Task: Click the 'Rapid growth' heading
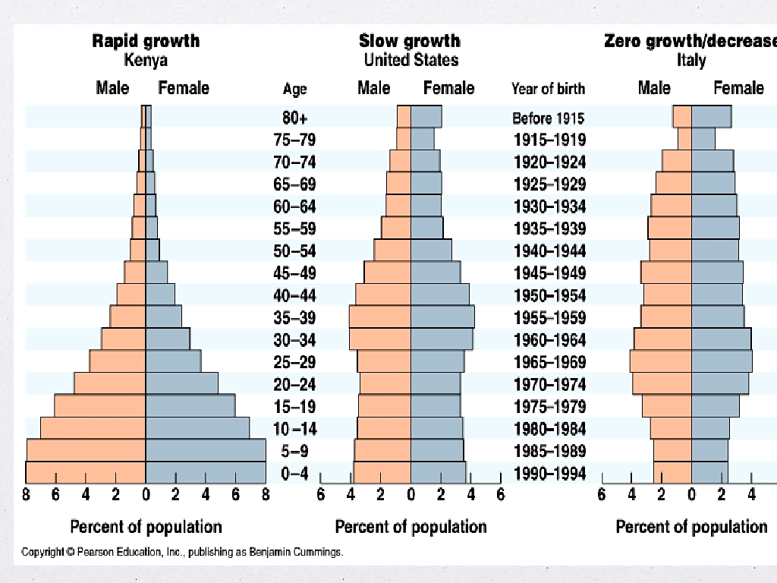click(145, 41)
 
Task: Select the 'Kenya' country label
click(145, 60)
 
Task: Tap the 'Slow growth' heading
click(410, 41)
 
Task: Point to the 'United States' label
click(411, 60)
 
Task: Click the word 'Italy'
click(691, 60)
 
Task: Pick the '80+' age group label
click(294, 118)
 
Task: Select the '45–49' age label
click(294, 273)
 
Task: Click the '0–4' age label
click(294, 474)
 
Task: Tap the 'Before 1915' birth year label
click(548, 118)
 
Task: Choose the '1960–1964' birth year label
click(549, 340)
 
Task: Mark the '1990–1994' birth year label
click(549, 474)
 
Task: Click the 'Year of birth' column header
click(548, 89)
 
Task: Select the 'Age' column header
click(294, 89)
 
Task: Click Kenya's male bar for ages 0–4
click(86, 472)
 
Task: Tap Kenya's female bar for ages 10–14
click(197, 428)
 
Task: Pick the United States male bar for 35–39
click(380, 317)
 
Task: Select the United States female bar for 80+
click(426, 116)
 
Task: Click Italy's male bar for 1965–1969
click(661, 361)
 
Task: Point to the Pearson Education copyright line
click(182, 552)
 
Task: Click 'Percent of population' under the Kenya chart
click(146, 527)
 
